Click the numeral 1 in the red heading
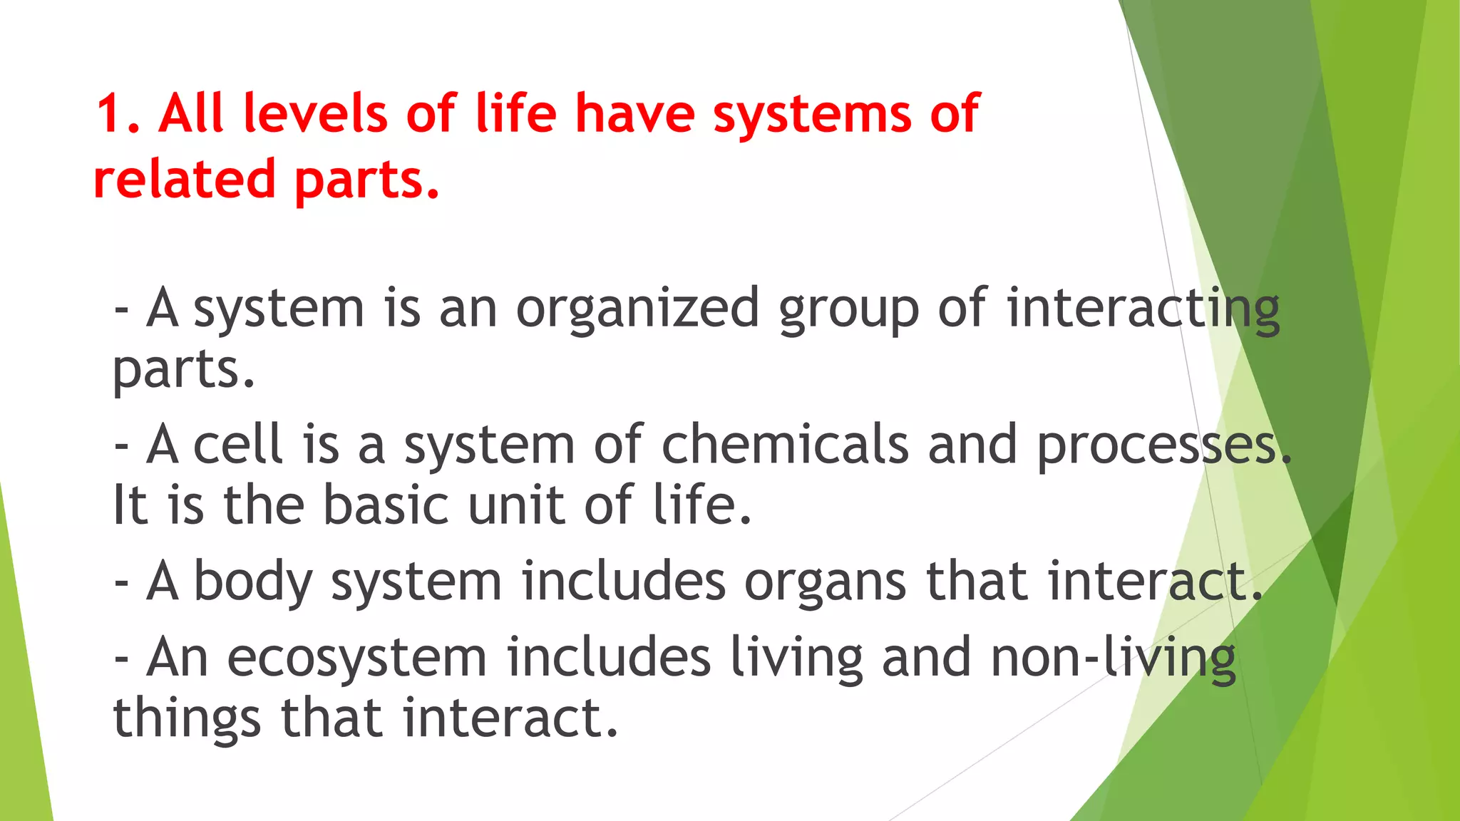108,114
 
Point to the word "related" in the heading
184,179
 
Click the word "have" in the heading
634,114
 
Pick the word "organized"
637,309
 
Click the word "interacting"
1143,309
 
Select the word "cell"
238,445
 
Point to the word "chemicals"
785,445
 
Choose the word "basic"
386,505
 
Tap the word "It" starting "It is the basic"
130,505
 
